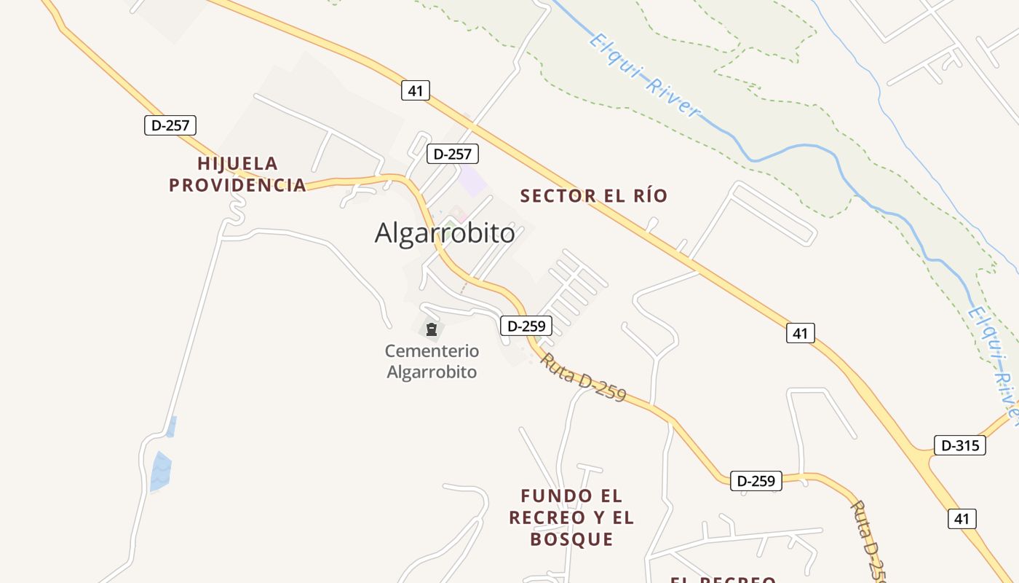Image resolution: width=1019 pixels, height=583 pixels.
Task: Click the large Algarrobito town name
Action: pyautogui.click(x=445, y=233)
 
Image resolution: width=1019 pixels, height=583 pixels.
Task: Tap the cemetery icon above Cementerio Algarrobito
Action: pyautogui.click(x=432, y=329)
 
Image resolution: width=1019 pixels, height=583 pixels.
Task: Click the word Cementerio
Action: pyautogui.click(x=432, y=351)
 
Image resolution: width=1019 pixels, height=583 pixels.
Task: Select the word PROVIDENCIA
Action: pyautogui.click(x=237, y=185)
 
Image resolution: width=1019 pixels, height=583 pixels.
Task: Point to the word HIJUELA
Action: pyautogui.click(x=237, y=163)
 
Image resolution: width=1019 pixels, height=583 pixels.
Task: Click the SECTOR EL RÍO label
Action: pyautogui.click(x=594, y=196)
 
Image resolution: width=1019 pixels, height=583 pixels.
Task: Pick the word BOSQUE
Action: pyautogui.click(x=571, y=539)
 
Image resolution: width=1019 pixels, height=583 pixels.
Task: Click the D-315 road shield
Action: pyautogui.click(x=959, y=445)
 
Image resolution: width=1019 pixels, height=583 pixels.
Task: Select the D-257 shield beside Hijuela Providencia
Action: pyautogui.click(x=170, y=125)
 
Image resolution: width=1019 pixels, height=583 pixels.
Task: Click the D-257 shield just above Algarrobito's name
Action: pyautogui.click(x=452, y=154)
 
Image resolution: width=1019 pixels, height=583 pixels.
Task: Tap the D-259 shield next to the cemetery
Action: pyautogui.click(x=526, y=326)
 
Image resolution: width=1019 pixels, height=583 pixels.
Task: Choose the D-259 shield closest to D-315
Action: pyautogui.click(x=756, y=481)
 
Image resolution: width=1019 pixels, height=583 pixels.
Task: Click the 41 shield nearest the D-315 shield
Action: pyautogui.click(x=961, y=518)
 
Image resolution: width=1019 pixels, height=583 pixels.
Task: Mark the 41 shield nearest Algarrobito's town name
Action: pyautogui.click(x=415, y=91)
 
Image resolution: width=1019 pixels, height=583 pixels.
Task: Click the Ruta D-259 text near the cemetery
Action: pyautogui.click(x=583, y=377)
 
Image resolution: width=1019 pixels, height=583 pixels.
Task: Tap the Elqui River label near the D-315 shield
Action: pyautogui.click(x=994, y=364)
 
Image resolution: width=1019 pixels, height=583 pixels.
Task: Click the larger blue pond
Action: pyautogui.click(x=159, y=471)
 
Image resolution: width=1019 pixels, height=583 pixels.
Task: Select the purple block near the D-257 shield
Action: pyautogui.click(x=473, y=181)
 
